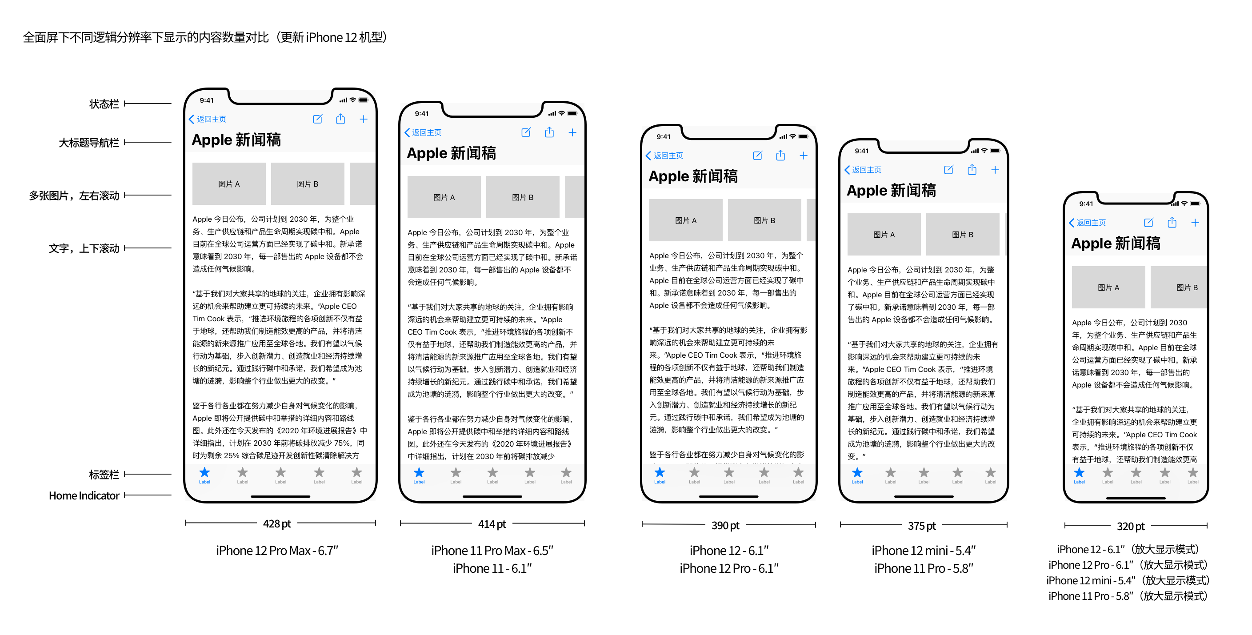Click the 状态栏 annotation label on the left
pos(104,104)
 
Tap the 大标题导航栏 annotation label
pos(88,143)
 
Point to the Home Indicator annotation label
pos(84,495)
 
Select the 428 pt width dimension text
pos(276,524)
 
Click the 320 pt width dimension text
pos(1131,526)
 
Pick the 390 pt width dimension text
pos(725,525)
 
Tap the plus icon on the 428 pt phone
pos(364,119)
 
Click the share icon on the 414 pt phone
pos(549,132)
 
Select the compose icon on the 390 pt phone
pos(757,156)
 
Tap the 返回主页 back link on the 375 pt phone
pos(863,170)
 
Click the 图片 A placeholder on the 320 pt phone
pos(1108,288)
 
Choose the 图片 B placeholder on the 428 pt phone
pos(307,184)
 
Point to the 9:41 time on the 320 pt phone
pos(1086,204)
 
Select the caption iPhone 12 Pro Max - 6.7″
pos(276,551)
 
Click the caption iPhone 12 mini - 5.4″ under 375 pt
pos(924,551)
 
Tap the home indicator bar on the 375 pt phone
pos(924,496)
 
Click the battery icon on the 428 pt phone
pos(363,100)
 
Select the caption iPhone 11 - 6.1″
pos(492,568)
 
